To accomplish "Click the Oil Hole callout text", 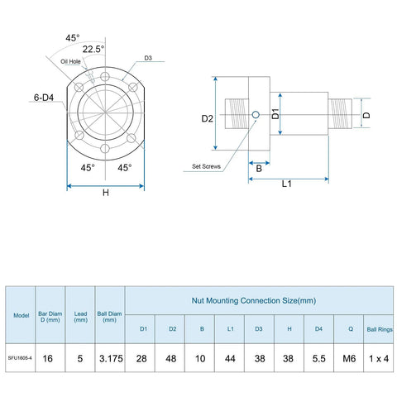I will [x=69, y=60].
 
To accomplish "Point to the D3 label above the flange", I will [x=148, y=59].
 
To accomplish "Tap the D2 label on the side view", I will [x=208, y=118].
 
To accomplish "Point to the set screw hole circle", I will [x=258, y=115].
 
